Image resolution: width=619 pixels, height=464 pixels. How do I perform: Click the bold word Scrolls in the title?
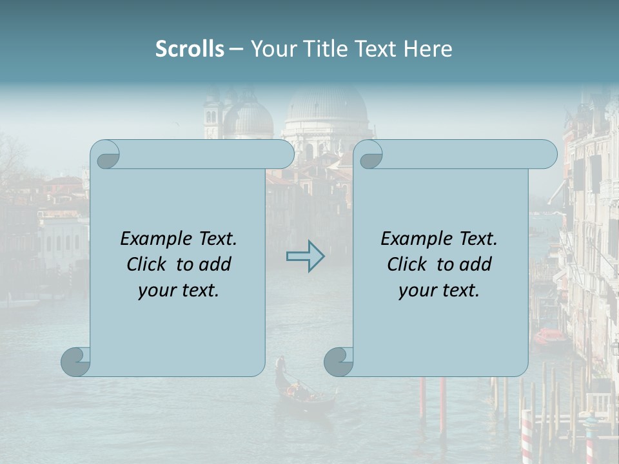coord(190,48)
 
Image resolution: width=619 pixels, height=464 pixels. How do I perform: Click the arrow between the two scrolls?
coord(305,256)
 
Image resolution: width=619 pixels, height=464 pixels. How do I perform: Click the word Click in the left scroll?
coord(148,264)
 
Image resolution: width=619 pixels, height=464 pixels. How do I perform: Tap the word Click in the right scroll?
coord(407,264)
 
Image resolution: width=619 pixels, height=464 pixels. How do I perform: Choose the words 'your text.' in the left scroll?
coord(179,290)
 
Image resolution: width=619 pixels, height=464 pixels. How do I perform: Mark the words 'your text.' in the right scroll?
coord(439,290)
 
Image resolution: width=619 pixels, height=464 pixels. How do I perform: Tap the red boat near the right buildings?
coord(550,336)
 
